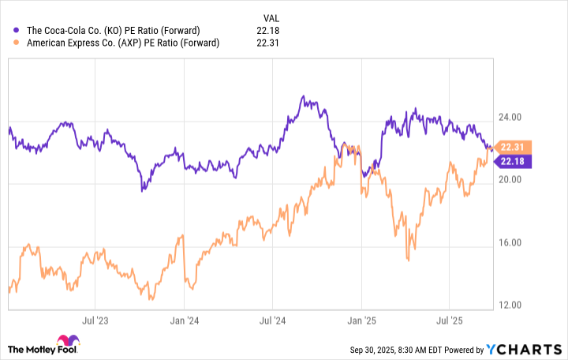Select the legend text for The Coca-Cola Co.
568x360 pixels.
pos(118,30)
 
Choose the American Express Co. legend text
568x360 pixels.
pos(123,43)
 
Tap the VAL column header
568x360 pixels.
pos(270,16)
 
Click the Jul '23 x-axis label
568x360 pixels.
pos(95,321)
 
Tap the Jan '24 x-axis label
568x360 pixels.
pos(184,321)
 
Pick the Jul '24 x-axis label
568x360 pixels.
pos(273,321)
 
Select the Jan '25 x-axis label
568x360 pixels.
pos(362,321)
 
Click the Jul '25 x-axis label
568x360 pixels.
pos(450,321)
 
